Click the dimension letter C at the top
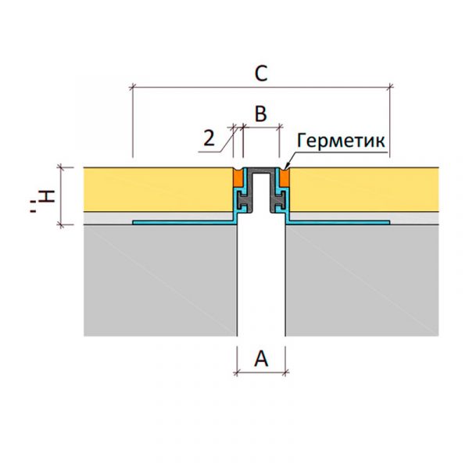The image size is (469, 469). pos(261,73)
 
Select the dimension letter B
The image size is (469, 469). pos(261,113)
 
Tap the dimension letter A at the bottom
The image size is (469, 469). pos(261,358)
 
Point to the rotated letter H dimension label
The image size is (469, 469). pos(45,198)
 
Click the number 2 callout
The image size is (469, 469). pos(209,138)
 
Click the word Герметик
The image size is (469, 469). pos(341,140)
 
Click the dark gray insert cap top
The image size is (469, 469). pos(261,170)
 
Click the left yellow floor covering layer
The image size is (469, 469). pos(159,190)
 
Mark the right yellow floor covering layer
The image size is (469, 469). pos(364,190)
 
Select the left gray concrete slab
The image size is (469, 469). pos(160,281)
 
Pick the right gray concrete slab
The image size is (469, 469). pos(362,281)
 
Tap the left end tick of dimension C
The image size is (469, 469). pos(133,88)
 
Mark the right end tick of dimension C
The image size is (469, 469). pos(389,88)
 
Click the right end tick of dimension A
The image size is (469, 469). pos(285,372)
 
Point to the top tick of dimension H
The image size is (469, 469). pos(62,168)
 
